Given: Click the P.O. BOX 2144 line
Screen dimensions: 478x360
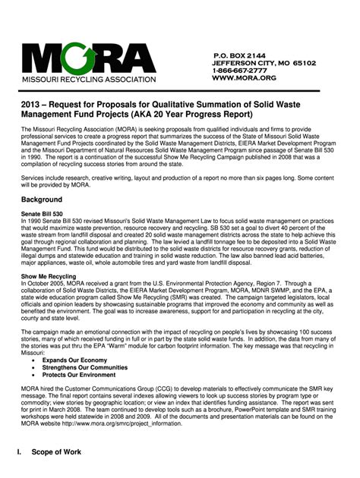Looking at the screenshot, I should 239,55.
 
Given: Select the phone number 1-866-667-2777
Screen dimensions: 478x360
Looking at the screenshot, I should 244,71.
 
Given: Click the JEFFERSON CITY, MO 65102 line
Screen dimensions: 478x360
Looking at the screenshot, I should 264,63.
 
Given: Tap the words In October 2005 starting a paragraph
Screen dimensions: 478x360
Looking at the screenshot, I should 46,285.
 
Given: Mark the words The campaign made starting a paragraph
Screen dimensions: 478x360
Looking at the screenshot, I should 48,332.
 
